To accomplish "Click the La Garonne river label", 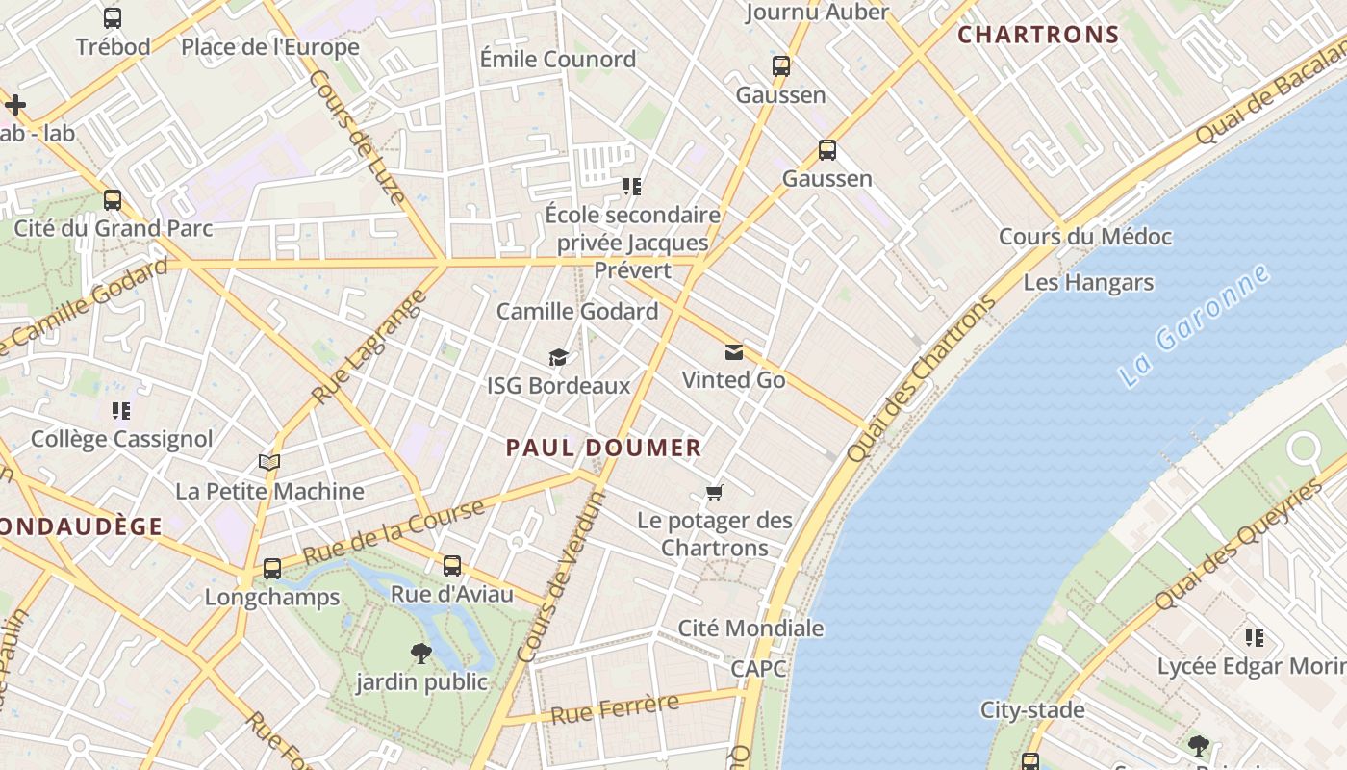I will click(x=1196, y=327).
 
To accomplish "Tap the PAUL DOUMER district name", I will click(x=603, y=448).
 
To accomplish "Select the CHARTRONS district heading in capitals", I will click(x=1038, y=36).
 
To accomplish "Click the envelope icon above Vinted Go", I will click(x=734, y=352).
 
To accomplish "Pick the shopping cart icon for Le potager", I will click(x=714, y=493).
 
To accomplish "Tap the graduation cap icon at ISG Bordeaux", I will click(x=558, y=358).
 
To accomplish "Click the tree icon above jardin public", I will click(x=420, y=654).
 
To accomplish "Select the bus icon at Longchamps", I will click(x=272, y=569).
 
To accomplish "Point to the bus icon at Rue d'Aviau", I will click(x=452, y=566).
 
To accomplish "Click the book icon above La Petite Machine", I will click(x=269, y=463).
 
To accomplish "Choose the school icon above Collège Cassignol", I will click(x=121, y=411).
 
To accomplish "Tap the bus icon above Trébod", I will click(x=113, y=18).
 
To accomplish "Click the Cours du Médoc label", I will click(x=1085, y=237).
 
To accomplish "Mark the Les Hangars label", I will click(x=1088, y=283).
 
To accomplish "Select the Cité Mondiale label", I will click(x=750, y=629).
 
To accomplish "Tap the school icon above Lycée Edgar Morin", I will click(x=1255, y=638).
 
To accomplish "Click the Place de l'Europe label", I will click(x=270, y=47).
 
